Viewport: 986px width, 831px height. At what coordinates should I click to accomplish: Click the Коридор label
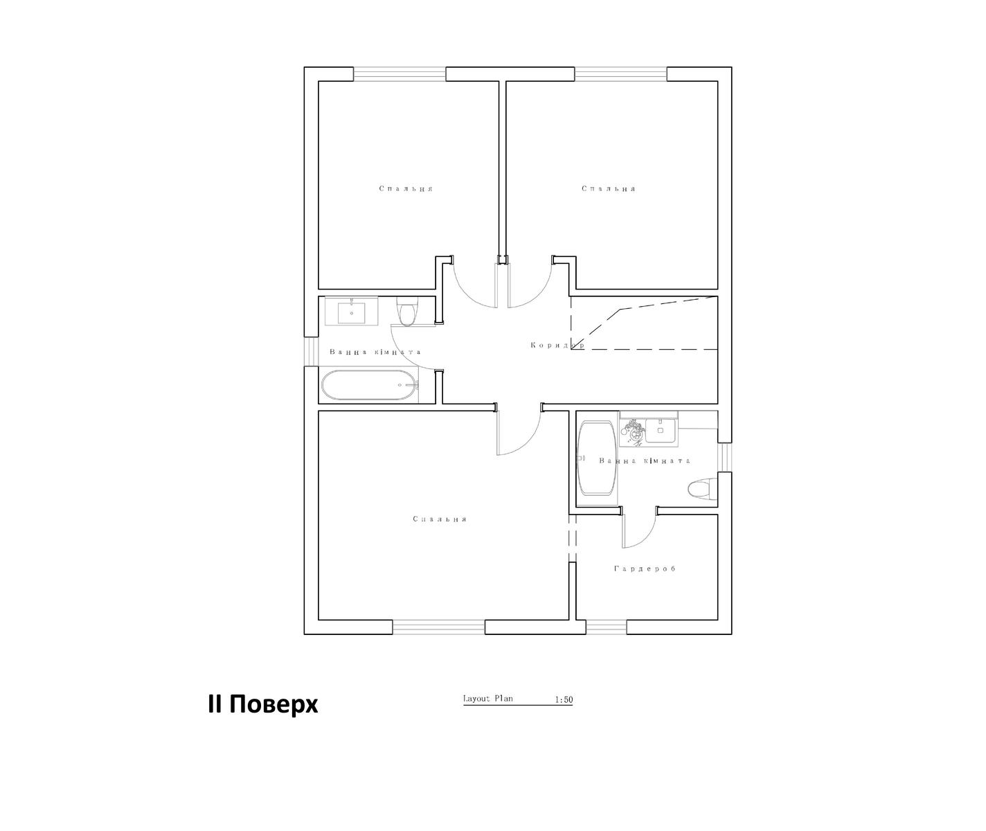pyautogui.click(x=557, y=346)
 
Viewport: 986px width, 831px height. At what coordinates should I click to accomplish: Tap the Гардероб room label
pyautogui.click(x=645, y=569)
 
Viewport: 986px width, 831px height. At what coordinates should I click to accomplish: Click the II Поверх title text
pyautogui.click(x=263, y=704)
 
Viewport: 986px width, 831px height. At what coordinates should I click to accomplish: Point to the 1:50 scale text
pyautogui.click(x=564, y=700)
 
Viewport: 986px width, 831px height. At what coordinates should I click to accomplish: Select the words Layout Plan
pyautogui.click(x=487, y=698)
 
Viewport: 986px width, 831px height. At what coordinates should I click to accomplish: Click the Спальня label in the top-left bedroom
pyautogui.click(x=406, y=188)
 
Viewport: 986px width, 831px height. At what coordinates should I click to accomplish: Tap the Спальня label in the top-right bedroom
pyautogui.click(x=608, y=188)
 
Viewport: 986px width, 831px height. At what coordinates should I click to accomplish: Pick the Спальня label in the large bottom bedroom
pyautogui.click(x=440, y=519)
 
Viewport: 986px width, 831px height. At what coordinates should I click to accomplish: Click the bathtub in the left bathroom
pyautogui.click(x=370, y=385)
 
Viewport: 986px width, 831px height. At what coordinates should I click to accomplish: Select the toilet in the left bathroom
pyautogui.click(x=406, y=311)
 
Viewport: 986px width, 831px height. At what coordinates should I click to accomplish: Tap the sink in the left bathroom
pyautogui.click(x=351, y=312)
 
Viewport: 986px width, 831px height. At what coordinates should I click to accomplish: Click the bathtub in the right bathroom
pyautogui.click(x=597, y=458)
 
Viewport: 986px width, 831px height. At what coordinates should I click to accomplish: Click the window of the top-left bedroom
pyautogui.click(x=400, y=74)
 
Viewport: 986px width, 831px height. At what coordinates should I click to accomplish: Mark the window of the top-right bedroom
pyautogui.click(x=621, y=74)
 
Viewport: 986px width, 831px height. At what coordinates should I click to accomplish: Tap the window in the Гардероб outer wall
pyautogui.click(x=607, y=627)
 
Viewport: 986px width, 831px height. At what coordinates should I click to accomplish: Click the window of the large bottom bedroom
pyautogui.click(x=439, y=627)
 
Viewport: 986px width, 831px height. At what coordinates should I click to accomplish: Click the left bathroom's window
pyautogui.click(x=311, y=352)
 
